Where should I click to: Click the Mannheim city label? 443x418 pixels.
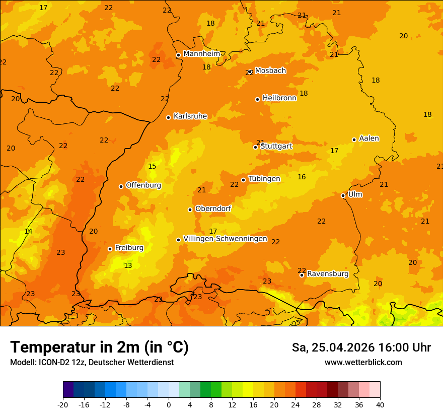point(201,53)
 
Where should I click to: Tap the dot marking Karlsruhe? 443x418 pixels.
point(168,117)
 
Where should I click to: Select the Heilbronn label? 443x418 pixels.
point(279,98)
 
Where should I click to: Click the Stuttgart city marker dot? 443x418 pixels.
point(255,147)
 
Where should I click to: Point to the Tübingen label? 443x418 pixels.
point(264,178)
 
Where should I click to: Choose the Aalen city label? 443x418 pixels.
point(369,138)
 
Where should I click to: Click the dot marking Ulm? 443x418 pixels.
point(343,195)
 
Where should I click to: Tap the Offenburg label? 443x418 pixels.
point(143,185)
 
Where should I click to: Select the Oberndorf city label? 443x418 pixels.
point(213,208)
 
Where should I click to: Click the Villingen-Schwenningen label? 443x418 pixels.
point(225,238)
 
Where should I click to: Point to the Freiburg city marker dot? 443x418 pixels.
point(110,249)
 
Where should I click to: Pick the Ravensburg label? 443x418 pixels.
point(328,273)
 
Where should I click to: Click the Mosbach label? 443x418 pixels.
point(270,71)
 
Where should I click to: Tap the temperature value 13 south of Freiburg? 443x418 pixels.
point(128,265)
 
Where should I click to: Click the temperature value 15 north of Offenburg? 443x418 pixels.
point(152,166)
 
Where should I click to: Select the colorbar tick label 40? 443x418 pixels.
point(380,404)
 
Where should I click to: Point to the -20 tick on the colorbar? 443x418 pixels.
point(63,404)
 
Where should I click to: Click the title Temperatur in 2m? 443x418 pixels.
point(99,347)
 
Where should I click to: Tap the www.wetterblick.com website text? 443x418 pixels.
point(363,362)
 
